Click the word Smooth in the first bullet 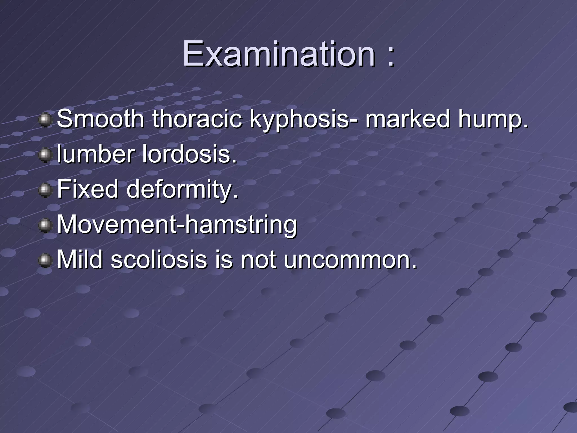[100, 119]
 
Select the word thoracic [197, 119]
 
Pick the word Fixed [88, 189]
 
